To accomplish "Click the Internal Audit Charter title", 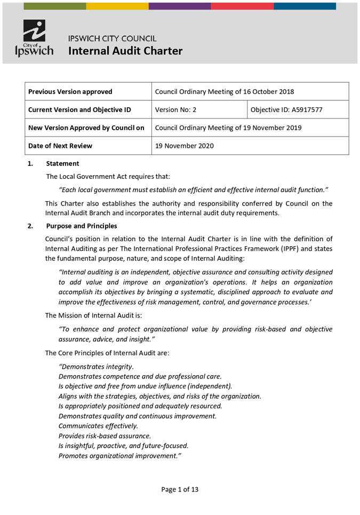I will [x=125, y=51].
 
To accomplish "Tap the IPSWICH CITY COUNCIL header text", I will [x=112, y=38].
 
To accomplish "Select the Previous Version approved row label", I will [x=70, y=92].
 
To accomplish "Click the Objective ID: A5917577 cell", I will [x=286, y=110].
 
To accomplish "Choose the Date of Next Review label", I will [x=60, y=146].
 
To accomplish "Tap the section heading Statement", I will [x=62, y=164].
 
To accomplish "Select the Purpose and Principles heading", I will [x=82, y=226].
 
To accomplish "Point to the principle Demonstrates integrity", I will [x=96, y=367].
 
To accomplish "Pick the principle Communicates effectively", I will [x=98, y=426].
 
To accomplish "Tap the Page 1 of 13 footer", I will [x=180, y=489].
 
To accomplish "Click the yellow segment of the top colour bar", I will [x=117, y=6].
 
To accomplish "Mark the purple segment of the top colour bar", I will [x=180, y=6].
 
